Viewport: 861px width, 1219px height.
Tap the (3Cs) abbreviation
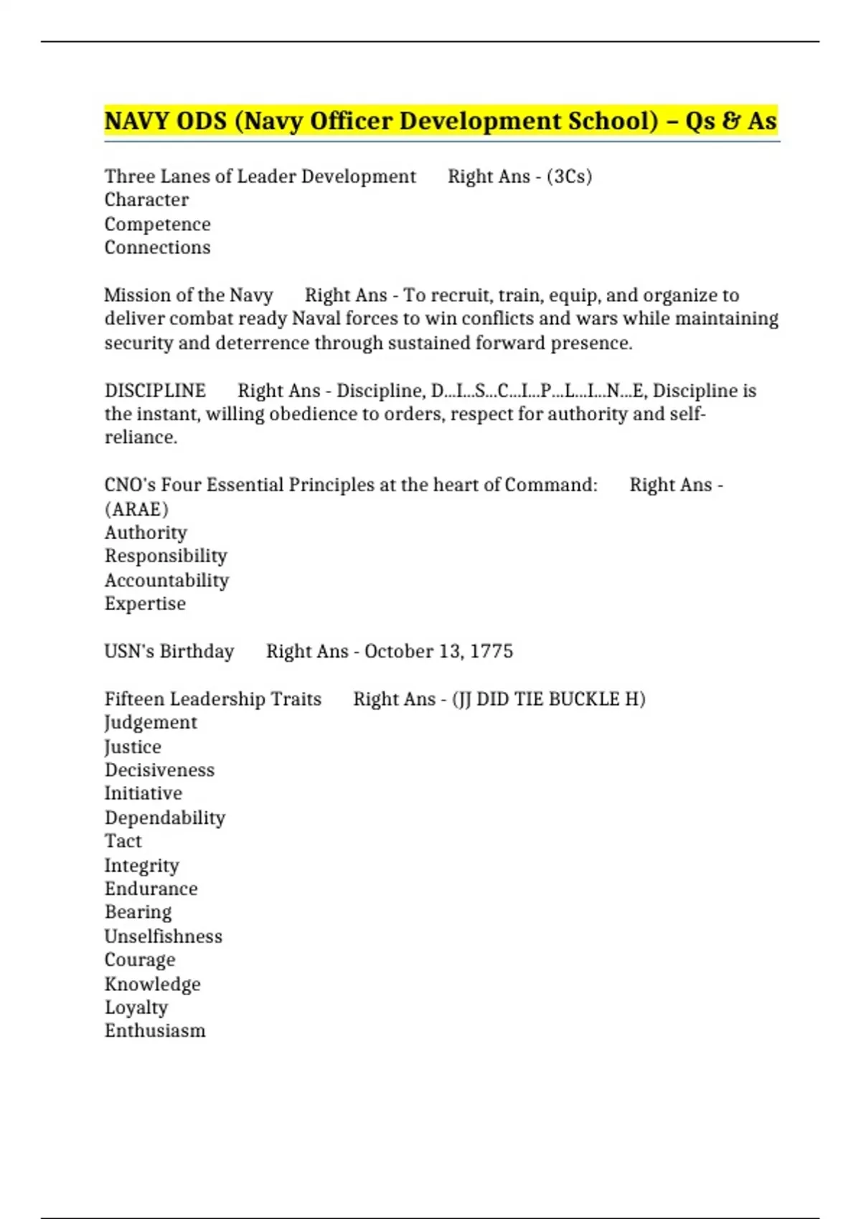[x=569, y=176]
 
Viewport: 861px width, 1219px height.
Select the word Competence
[x=157, y=224]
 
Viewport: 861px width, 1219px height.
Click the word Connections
[x=157, y=247]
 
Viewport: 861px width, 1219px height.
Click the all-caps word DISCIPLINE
[x=155, y=391]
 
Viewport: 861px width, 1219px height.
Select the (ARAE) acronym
[x=136, y=509]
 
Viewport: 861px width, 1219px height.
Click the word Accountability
[x=166, y=580]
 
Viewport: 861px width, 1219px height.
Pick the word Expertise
[x=145, y=604]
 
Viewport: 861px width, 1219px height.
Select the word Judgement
[x=151, y=723]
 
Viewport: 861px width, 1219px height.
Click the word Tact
[x=123, y=841]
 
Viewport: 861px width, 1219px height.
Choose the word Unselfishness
[x=164, y=936]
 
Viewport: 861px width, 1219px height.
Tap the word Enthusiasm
[x=155, y=1031]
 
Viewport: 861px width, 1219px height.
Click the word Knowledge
[x=152, y=984]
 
